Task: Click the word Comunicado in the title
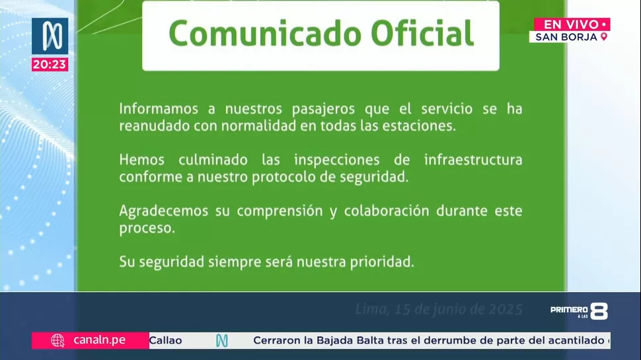pyautogui.click(x=265, y=34)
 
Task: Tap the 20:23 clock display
pyautogui.click(x=50, y=65)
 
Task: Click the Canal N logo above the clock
pyautogui.click(x=50, y=36)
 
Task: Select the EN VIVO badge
pyautogui.click(x=572, y=24)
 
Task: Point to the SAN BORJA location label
pyautogui.click(x=566, y=37)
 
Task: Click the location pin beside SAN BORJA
pyautogui.click(x=604, y=37)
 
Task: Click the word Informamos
pyautogui.click(x=159, y=109)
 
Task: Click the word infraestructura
pyautogui.click(x=473, y=160)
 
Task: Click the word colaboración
pyautogui.click(x=387, y=211)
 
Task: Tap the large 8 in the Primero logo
pyautogui.click(x=599, y=311)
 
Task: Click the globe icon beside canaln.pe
pyautogui.click(x=57, y=340)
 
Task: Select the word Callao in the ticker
pyautogui.click(x=166, y=340)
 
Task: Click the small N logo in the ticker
pyautogui.click(x=221, y=340)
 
